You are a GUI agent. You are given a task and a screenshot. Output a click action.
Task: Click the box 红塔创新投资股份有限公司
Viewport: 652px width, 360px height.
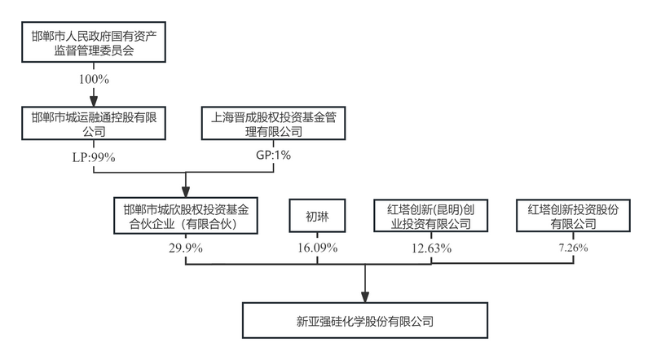click(x=574, y=215)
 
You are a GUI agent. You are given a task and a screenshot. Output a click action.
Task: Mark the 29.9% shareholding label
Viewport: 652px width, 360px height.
click(x=186, y=247)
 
